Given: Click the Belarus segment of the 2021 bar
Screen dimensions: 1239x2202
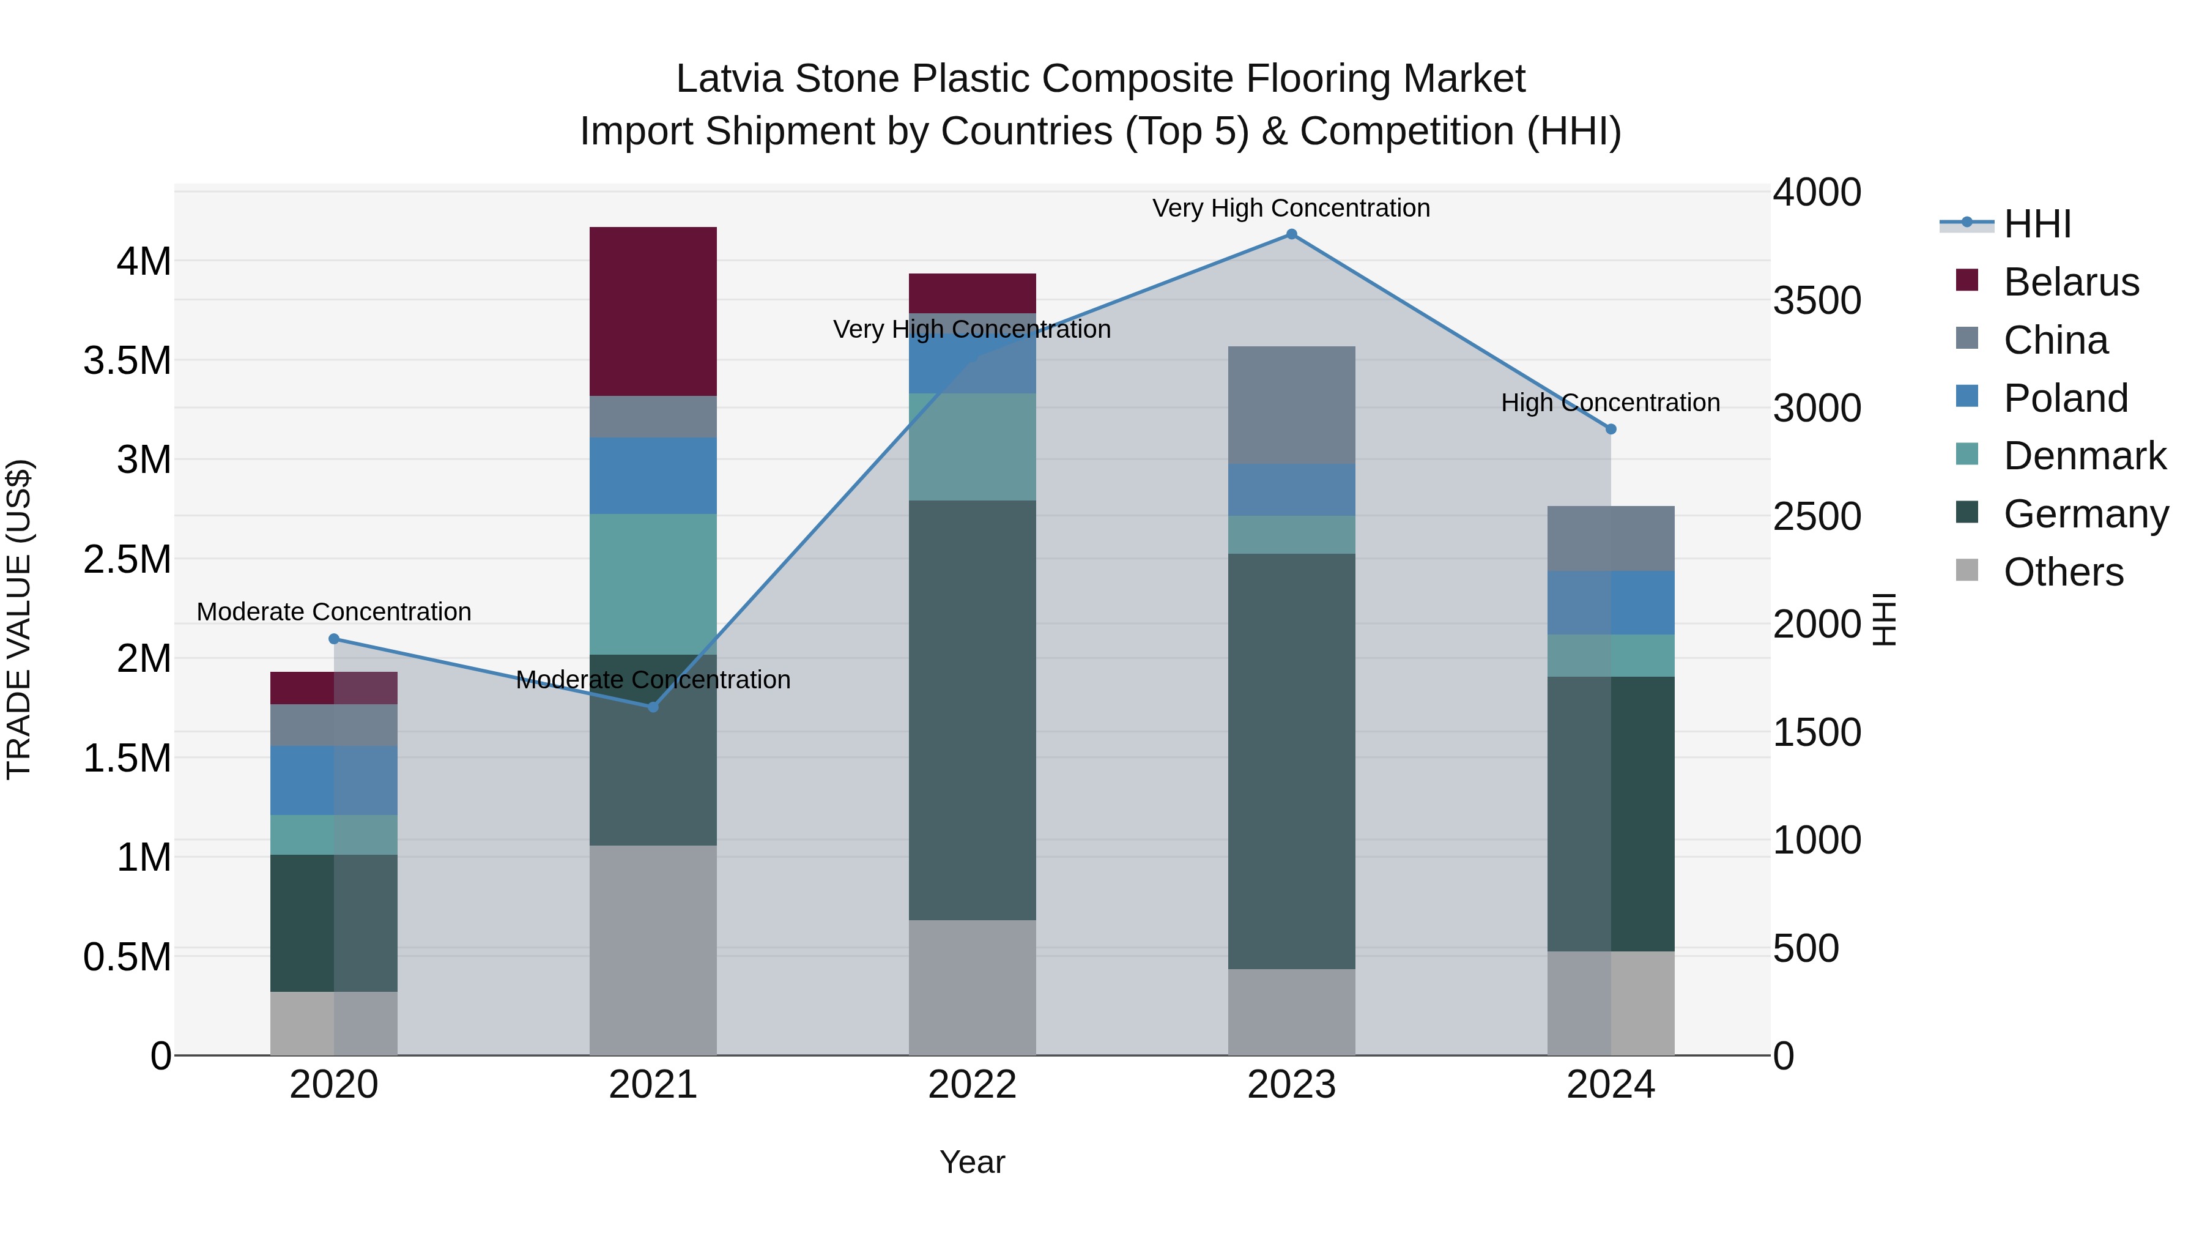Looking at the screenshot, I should (x=653, y=311).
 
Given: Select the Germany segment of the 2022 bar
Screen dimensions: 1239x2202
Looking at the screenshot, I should (x=972, y=710).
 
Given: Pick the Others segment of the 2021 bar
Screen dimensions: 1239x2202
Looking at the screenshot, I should (x=653, y=949).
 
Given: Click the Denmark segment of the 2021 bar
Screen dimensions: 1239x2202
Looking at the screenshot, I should (x=653, y=584).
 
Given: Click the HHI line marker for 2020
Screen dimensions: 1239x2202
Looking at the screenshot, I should (x=334, y=639).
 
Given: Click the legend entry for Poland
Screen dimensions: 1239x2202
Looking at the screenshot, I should (x=2064, y=398).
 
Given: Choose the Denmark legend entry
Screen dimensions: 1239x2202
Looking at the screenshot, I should (x=2084, y=456).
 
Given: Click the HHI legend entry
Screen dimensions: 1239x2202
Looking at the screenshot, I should (x=2036, y=224).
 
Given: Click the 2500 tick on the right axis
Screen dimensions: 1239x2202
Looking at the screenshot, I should (x=1817, y=516).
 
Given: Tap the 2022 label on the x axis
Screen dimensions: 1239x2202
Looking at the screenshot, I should (x=972, y=1085).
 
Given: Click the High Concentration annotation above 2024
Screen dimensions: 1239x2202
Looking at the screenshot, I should (x=1611, y=403).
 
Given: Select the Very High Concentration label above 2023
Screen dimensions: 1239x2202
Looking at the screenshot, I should (x=1291, y=208).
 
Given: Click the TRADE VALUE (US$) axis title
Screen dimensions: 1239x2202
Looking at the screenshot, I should (x=20, y=619).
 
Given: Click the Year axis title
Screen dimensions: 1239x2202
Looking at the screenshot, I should (x=972, y=1162).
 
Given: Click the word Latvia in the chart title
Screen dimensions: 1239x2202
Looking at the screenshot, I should (x=729, y=79).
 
